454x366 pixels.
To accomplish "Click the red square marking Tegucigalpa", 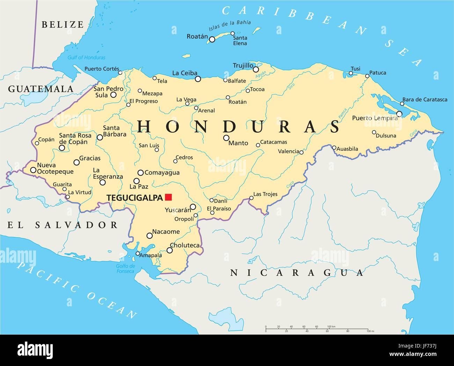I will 169,197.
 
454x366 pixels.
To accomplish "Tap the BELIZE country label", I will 63,24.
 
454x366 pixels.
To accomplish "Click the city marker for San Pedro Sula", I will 113,95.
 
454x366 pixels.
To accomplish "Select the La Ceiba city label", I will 185,73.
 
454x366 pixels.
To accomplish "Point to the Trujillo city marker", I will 256,69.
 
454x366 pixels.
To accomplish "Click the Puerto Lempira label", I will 375,118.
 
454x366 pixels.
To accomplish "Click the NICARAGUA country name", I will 296,272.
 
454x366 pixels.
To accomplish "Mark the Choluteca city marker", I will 170,250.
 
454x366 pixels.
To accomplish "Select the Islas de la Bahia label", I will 229,26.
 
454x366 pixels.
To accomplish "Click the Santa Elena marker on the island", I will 233,33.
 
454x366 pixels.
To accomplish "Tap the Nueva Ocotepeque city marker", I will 33,170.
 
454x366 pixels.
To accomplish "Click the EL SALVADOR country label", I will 63,225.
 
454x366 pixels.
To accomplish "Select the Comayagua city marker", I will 140,172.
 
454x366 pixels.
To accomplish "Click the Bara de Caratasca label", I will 425,99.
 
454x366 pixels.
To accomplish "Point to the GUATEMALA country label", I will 41,89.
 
